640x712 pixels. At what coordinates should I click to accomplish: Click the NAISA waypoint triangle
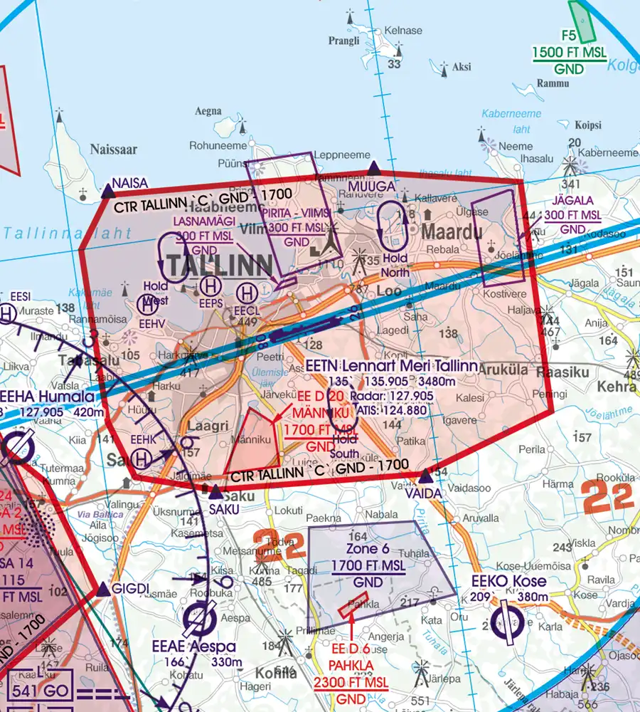[108, 191]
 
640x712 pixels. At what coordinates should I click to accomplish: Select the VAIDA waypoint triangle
[425, 476]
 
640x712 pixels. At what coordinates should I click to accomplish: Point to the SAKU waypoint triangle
[215, 492]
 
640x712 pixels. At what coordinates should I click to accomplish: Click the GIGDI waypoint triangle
[104, 589]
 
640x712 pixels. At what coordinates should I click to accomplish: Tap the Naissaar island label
[114, 150]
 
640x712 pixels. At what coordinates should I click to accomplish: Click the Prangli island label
[344, 41]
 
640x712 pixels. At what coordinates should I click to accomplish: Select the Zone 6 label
[368, 548]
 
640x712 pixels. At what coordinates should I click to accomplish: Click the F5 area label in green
[568, 35]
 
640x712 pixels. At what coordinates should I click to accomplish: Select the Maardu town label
[452, 232]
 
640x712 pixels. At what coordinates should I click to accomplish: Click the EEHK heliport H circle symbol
[142, 459]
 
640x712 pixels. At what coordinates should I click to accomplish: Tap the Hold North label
[395, 266]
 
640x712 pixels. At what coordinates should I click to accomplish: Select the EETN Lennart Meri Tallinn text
[392, 366]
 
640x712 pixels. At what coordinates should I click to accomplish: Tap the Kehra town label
[617, 387]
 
